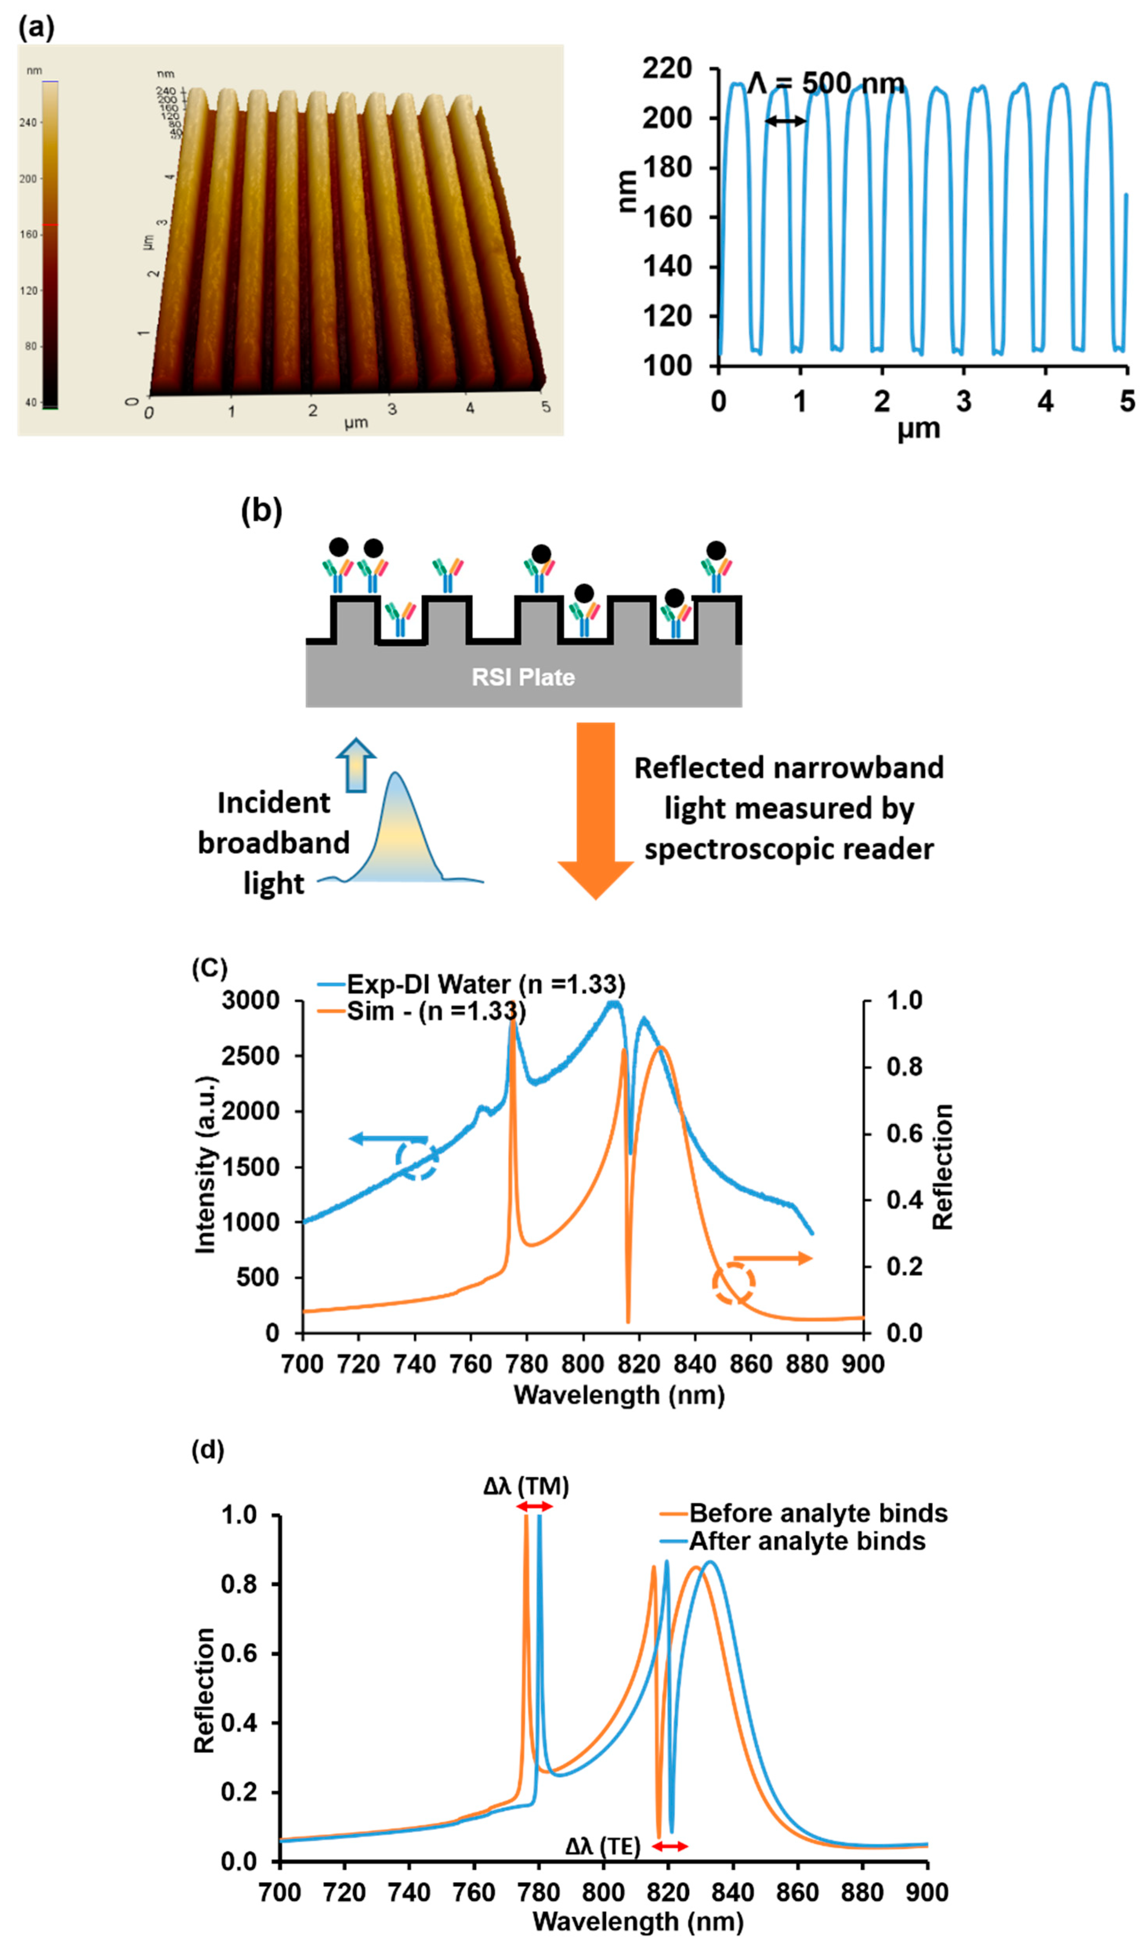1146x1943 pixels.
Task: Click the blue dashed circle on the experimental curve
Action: (x=417, y=1158)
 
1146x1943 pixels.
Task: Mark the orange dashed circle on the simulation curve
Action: (x=733, y=1283)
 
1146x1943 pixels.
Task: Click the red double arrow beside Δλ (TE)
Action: (x=669, y=1847)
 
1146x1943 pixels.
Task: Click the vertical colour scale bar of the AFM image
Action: (x=50, y=243)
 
